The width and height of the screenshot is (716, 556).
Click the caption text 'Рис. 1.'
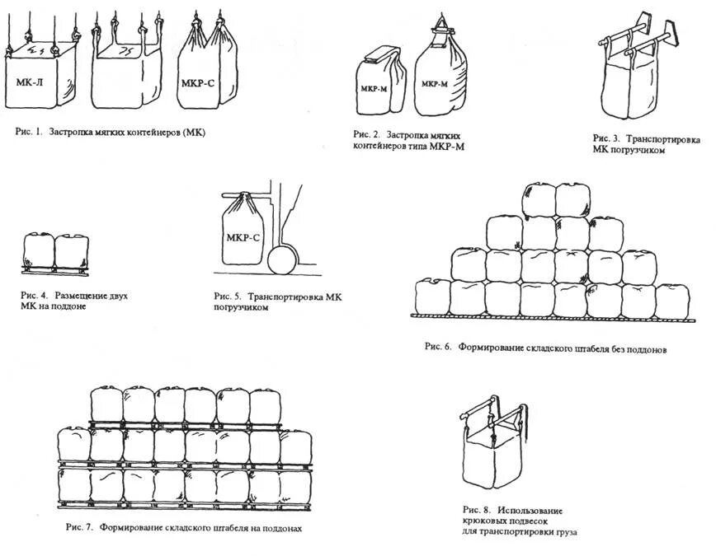click(27, 132)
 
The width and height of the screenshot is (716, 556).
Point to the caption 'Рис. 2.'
click(366, 133)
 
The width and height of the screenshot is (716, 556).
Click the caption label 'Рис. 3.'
click(606, 138)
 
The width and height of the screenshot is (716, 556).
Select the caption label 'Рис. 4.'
click(35, 294)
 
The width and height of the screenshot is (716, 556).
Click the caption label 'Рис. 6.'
click(437, 347)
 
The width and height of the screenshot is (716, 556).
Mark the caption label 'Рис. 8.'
click(477, 509)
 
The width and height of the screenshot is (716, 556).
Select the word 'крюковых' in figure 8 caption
click(485, 521)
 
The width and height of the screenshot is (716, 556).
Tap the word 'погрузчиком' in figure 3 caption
click(638, 150)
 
